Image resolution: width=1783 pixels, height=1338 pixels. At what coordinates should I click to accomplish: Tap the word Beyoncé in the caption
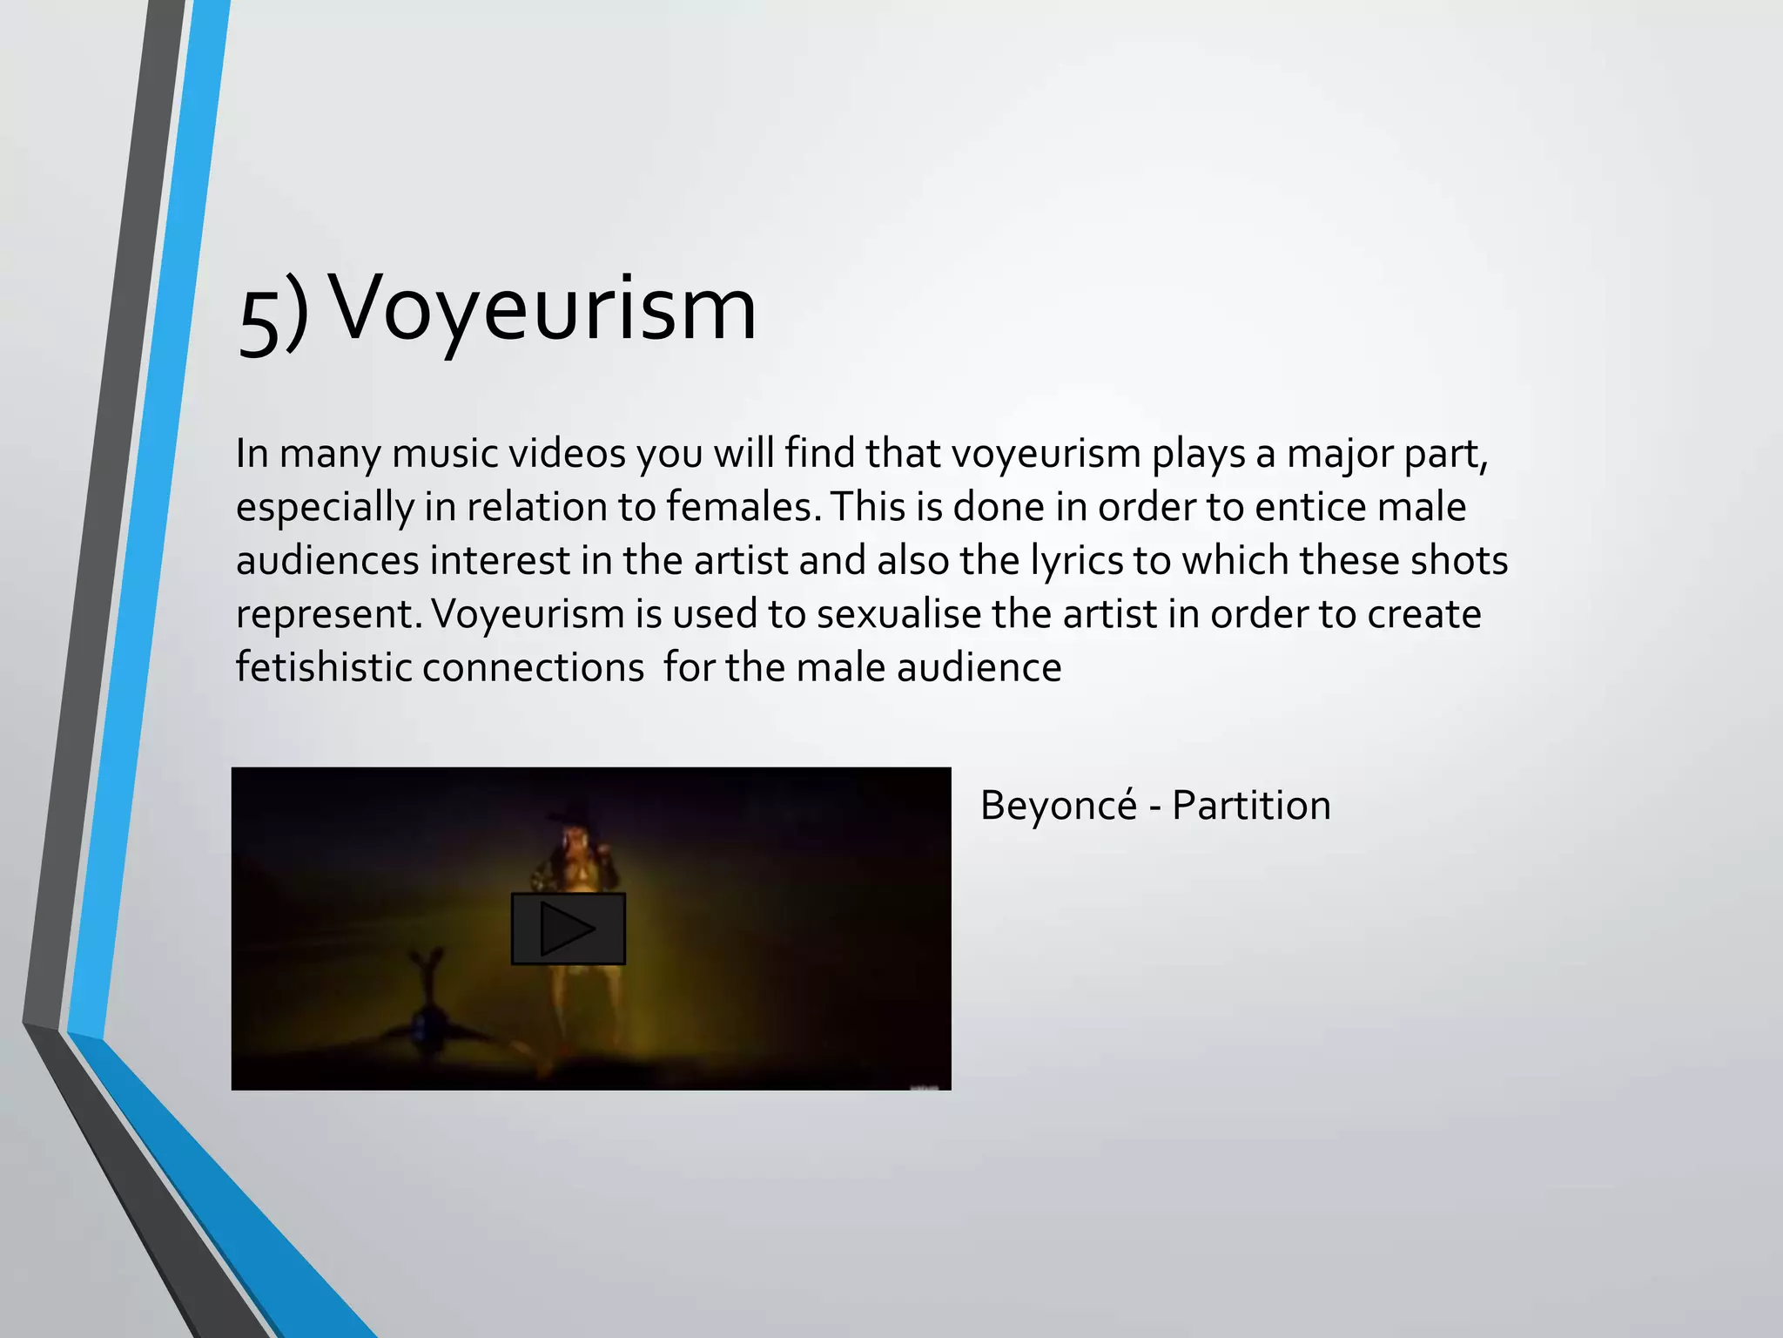click(x=1058, y=805)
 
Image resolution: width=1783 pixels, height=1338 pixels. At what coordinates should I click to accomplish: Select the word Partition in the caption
click(x=1251, y=805)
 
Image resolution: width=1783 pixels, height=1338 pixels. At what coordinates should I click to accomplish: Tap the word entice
click(x=1310, y=507)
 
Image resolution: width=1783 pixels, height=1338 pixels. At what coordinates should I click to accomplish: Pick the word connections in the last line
click(x=533, y=668)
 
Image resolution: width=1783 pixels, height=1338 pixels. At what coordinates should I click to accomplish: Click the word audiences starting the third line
click(x=327, y=561)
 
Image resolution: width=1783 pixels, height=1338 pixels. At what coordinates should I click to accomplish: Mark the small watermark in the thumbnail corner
click(x=929, y=1086)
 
